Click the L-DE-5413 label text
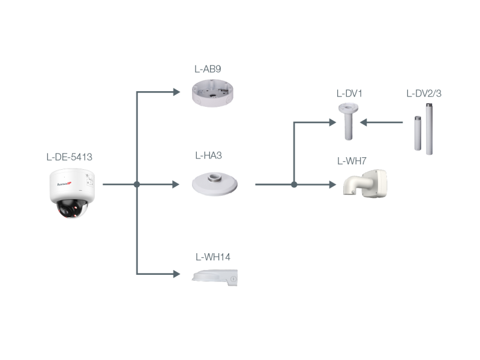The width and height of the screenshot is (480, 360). point(70,157)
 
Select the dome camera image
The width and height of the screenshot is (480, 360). point(72,193)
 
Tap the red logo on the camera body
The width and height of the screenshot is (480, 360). point(64,184)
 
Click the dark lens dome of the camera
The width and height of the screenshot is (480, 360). point(71,209)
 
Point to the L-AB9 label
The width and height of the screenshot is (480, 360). point(208,69)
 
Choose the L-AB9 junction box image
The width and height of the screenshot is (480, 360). point(212,93)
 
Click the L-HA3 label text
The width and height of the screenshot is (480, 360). point(208,155)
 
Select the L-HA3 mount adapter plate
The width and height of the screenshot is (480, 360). point(215,184)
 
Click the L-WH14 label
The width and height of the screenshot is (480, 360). point(213,257)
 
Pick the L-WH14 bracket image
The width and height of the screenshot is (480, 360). point(215,278)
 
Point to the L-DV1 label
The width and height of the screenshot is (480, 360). point(349,94)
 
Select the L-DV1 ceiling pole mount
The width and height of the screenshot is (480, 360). point(349,122)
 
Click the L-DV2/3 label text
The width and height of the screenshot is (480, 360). point(424,94)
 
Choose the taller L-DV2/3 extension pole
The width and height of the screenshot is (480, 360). point(429,129)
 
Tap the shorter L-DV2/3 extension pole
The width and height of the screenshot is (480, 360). point(418,133)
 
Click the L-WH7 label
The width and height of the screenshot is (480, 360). point(352,161)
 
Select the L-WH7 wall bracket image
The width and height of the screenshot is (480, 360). point(365,184)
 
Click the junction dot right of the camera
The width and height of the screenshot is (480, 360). point(137,184)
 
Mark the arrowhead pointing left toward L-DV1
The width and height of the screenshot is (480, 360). point(364,122)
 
